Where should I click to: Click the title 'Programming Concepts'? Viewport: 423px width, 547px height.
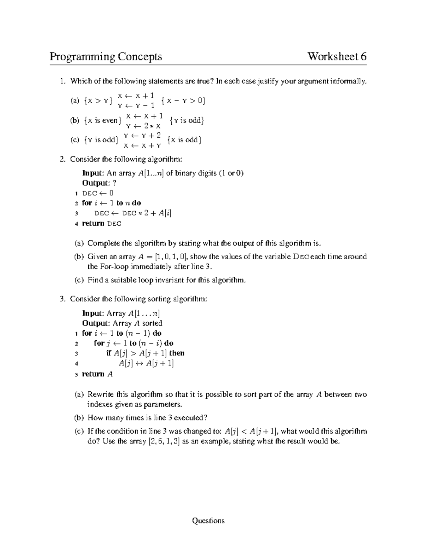click(106, 57)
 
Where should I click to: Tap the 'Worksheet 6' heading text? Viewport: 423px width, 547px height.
click(337, 57)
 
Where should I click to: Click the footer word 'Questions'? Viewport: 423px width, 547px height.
click(208, 521)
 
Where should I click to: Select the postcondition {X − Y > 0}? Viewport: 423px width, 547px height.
click(183, 101)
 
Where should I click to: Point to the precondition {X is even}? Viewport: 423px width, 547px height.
click(103, 120)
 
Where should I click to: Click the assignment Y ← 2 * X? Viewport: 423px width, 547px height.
click(143, 126)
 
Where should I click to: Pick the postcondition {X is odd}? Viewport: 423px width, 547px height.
click(184, 140)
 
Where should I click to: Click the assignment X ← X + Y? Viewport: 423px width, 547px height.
click(142, 145)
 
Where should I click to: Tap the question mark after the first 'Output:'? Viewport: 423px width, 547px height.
click(114, 183)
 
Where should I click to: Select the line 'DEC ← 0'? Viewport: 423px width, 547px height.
click(98, 193)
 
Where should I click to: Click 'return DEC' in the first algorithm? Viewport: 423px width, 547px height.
click(102, 223)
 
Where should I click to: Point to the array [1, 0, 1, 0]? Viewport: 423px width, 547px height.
click(170, 257)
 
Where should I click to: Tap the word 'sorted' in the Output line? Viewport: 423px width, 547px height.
click(152, 323)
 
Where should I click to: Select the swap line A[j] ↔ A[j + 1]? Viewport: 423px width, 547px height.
click(146, 363)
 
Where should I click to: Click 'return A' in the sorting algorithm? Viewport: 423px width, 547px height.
click(97, 374)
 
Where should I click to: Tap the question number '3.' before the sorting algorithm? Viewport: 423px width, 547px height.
click(63, 299)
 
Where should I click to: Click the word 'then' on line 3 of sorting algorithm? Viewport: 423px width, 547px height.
click(177, 353)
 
